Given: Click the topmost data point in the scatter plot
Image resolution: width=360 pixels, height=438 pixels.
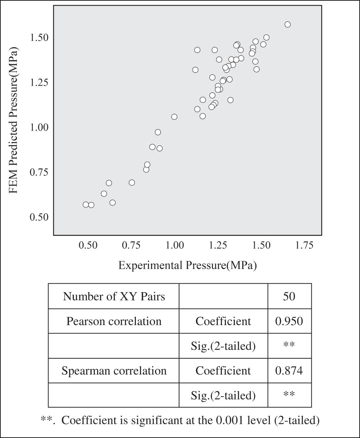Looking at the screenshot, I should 288,24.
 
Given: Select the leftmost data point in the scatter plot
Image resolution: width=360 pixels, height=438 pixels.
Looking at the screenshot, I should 86,204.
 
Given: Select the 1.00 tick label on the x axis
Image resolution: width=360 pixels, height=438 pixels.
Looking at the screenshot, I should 175,245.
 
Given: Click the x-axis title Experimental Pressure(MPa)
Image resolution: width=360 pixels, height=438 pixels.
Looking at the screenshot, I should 187,265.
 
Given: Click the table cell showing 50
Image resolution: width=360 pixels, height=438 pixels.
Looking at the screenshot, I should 289,296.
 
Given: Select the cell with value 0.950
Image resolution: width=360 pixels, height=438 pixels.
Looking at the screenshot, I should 289,321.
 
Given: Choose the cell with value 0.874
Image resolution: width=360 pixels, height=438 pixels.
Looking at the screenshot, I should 289,370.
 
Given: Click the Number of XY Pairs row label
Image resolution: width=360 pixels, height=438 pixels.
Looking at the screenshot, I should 114,296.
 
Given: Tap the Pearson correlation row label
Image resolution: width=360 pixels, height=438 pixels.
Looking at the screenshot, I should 114,321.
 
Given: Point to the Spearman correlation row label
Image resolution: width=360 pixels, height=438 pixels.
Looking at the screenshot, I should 114,370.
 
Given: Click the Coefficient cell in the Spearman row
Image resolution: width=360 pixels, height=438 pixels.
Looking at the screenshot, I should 223,370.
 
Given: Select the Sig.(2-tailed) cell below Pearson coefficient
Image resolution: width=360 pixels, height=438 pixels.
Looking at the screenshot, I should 223,346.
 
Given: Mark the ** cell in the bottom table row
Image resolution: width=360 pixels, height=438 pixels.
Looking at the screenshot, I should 289,395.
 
